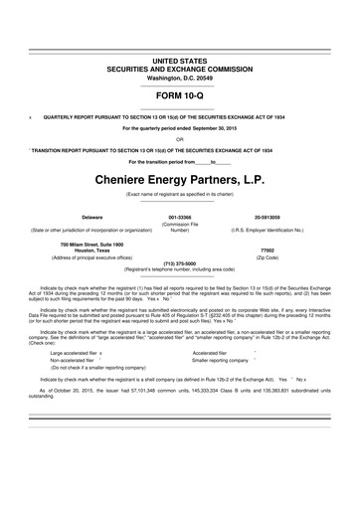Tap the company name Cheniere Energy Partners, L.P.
click(x=179, y=180)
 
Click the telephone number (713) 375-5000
click(x=179, y=263)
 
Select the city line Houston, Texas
click(x=97, y=251)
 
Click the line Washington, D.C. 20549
click(x=179, y=50)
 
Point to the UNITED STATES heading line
click(x=179, y=33)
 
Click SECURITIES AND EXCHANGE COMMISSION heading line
click(x=179, y=42)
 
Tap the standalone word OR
click(x=179, y=138)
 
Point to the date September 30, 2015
click(x=209, y=128)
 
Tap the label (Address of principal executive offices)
click(x=97, y=257)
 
